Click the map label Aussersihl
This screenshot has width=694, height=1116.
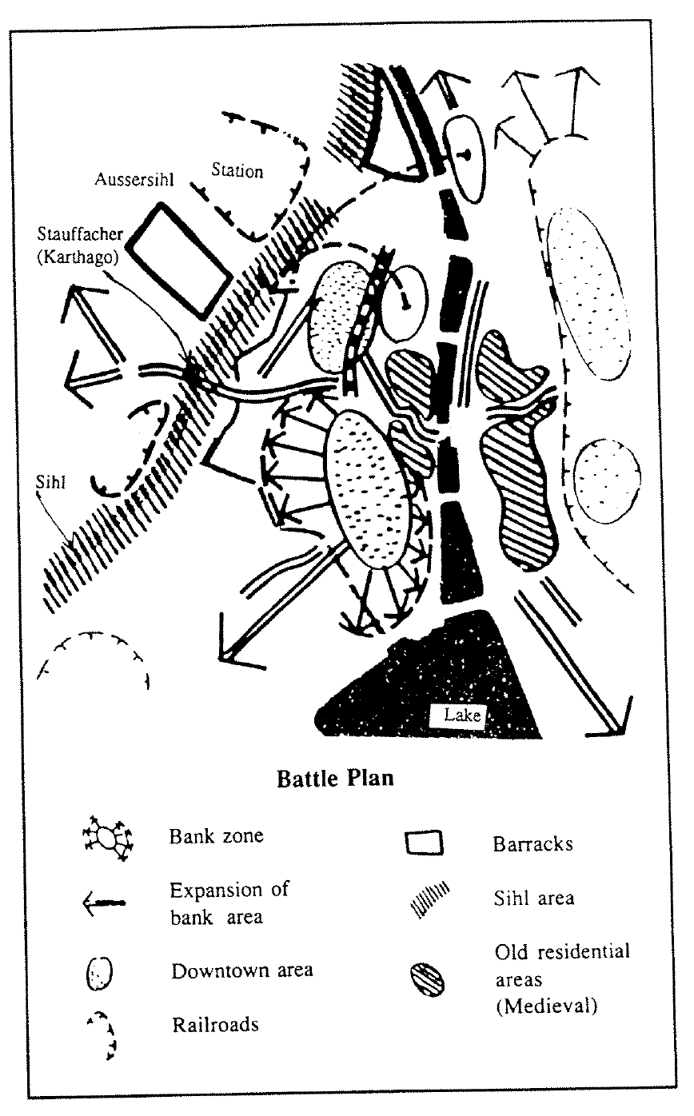[x=134, y=179]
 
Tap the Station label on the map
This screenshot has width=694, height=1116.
[x=237, y=170]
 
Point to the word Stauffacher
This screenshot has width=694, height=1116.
[x=80, y=233]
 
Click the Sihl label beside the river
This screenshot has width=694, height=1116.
[x=50, y=482]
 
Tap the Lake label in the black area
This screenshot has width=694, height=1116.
[x=462, y=715]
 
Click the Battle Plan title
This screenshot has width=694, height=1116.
[x=335, y=778]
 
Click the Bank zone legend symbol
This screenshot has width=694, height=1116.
[x=108, y=839]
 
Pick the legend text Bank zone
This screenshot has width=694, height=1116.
[x=216, y=835]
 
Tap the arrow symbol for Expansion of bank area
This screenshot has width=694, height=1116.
[x=104, y=903]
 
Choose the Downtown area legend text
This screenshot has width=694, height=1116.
[x=242, y=971]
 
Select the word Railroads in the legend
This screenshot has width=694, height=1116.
[x=215, y=1024]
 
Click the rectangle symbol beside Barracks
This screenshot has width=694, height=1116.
[x=424, y=842]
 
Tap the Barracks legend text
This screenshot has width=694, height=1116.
[x=533, y=844]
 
